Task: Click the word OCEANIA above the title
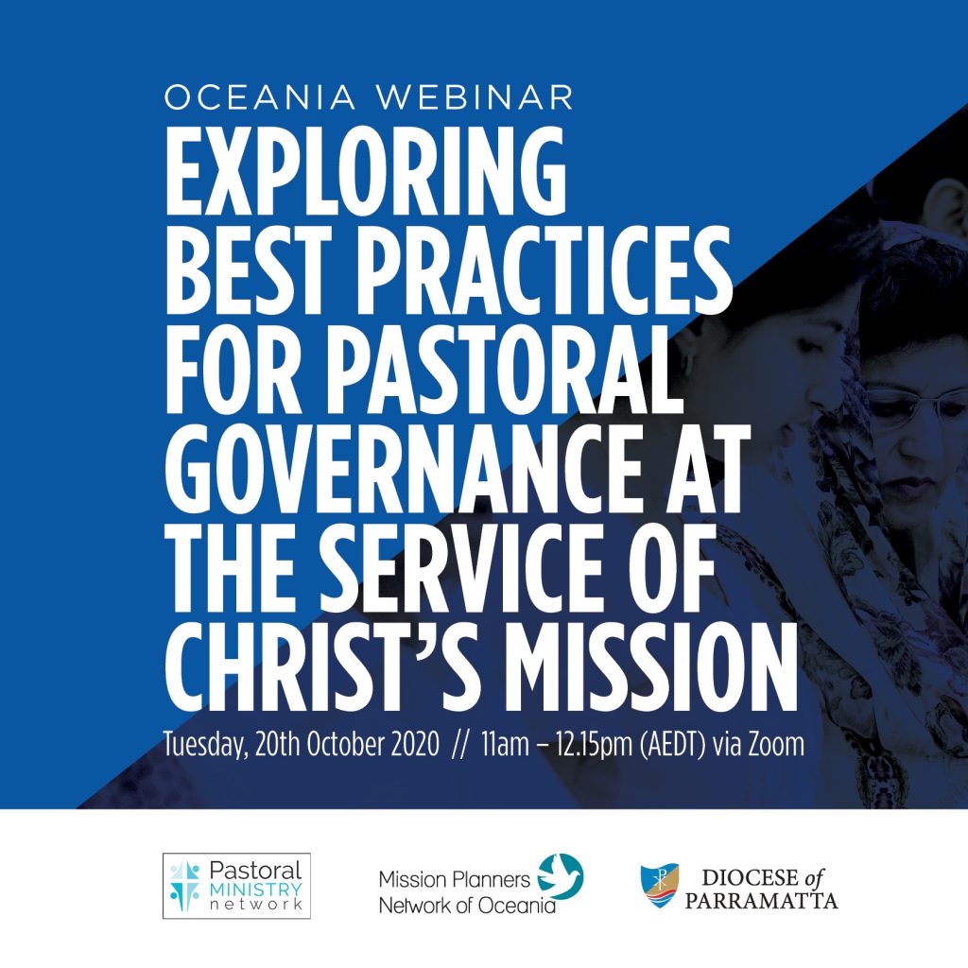[260, 97]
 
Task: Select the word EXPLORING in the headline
[366, 170]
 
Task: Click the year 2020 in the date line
[415, 744]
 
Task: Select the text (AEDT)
[672, 745]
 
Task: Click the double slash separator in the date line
[460, 745]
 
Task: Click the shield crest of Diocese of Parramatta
[659, 885]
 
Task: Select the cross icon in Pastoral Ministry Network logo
[184, 887]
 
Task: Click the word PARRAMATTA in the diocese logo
[761, 901]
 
